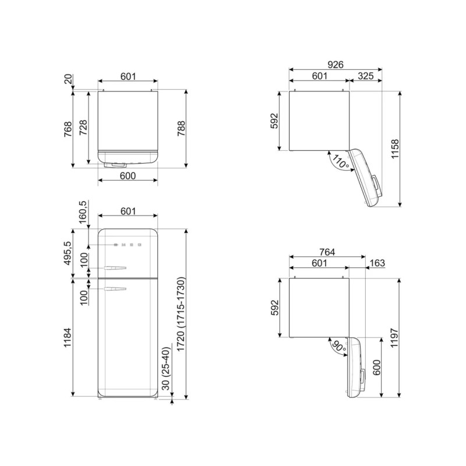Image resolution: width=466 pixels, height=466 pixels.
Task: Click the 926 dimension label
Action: [336, 65]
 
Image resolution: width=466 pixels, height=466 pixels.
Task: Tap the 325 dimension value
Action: [366, 76]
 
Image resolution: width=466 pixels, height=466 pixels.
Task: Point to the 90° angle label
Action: [340, 347]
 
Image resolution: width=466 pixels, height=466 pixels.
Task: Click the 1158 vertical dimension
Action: [395, 149]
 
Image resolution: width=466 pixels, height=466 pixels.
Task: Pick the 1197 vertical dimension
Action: [394, 338]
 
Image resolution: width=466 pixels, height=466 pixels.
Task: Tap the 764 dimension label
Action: [327, 252]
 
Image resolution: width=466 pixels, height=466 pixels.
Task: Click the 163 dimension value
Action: [377, 263]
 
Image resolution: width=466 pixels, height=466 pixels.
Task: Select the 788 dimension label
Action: [181, 128]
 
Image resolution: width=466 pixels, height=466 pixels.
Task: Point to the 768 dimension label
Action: [68, 129]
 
